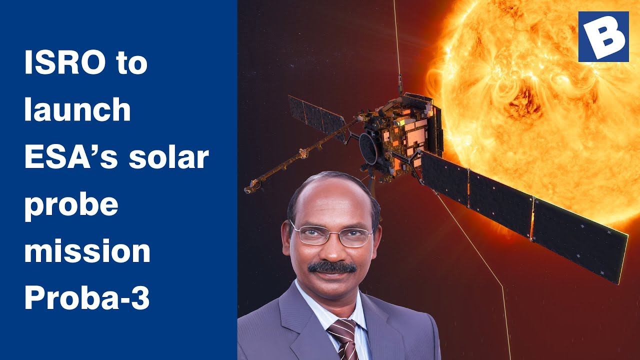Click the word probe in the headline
(71, 205)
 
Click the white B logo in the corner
(603, 36)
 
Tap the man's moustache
(332, 267)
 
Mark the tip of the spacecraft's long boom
(248, 189)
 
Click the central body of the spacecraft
(402, 135)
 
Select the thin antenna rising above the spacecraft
(397, 40)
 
